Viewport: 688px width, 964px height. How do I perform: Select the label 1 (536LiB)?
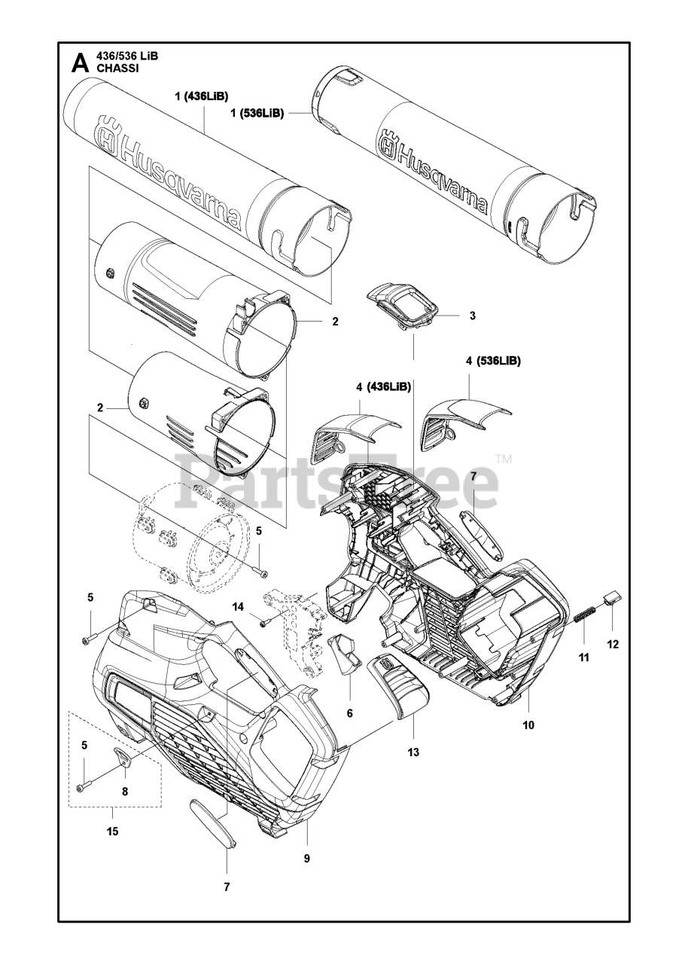(x=257, y=113)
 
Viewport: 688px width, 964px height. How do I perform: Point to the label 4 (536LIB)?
(x=494, y=361)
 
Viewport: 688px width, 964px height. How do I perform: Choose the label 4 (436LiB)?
(x=383, y=387)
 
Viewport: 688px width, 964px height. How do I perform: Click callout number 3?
(x=472, y=316)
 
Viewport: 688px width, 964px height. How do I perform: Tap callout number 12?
(x=613, y=645)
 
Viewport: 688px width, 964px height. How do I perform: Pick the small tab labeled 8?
(x=123, y=756)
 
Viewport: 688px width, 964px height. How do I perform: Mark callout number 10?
(x=528, y=725)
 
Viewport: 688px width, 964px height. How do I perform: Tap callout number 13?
(x=412, y=752)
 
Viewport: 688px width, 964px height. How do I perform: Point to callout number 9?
(x=307, y=858)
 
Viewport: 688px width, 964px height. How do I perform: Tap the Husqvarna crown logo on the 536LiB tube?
(x=388, y=145)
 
